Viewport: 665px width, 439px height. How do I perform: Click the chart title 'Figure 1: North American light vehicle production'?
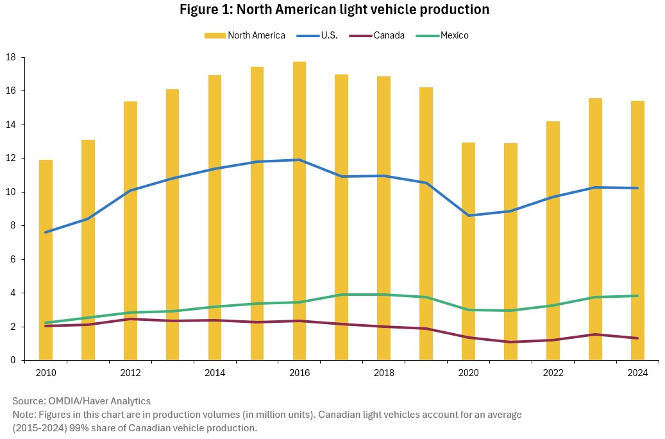pyautogui.click(x=334, y=10)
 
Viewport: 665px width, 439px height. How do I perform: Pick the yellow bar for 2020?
pyautogui.click(x=469, y=251)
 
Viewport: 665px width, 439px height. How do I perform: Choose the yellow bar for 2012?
pyautogui.click(x=130, y=230)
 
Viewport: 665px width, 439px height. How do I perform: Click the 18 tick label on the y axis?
pyautogui.click(x=10, y=57)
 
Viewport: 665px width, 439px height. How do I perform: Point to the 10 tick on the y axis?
pyautogui.click(x=10, y=192)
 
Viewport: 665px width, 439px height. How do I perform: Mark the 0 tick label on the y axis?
pyautogui.click(x=13, y=360)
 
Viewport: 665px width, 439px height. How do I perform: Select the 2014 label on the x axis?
pyautogui.click(x=215, y=373)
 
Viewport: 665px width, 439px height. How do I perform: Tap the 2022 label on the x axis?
pyautogui.click(x=553, y=373)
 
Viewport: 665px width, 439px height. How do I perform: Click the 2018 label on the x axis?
pyautogui.click(x=384, y=373)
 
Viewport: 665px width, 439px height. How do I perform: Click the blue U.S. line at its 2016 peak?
pyautogui.click(x=299, y=160)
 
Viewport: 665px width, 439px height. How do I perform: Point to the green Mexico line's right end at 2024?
pyautogui.click(x=638, y=296)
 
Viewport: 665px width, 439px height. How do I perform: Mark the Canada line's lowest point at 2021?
pyautogui.click(x=511, y=342)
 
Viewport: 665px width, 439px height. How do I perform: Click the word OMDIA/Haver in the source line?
pyautogui.click(x=75, y=401)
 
